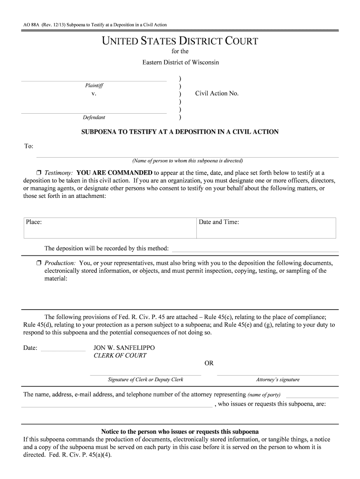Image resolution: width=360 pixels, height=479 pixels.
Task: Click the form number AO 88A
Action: (x=31, y=24)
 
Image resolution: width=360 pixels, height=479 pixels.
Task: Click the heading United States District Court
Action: (x=180, y=41)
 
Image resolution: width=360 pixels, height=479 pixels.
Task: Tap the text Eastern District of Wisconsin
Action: (x=180, y=62)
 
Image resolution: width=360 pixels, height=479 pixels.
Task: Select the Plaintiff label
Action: (x=94, y=86)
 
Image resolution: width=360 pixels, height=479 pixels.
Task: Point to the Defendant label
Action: (x=94, y=117)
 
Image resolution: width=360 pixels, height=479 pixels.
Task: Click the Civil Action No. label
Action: (x=217, y=94)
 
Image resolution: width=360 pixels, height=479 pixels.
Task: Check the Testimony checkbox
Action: (x=39, y=173)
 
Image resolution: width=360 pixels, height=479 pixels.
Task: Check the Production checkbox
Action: (x=39, y=263)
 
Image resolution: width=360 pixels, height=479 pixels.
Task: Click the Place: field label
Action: (x=34, y=222)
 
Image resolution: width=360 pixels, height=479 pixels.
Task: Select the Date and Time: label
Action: (x=219, y=222)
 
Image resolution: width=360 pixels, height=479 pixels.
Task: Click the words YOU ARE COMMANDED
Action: (x=114, y=173)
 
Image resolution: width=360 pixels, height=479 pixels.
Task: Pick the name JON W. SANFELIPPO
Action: (x=124, y=348)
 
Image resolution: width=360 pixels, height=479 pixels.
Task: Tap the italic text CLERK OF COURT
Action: (x=120, y=356)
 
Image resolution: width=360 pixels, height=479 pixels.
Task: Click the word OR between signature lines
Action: (x=209, y=363)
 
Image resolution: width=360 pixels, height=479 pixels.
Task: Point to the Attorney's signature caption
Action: (x=278, y=380)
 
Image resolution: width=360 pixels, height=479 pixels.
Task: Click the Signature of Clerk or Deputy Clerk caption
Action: (x=145, y=380)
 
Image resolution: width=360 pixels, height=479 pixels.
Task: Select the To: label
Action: (x=29, y=146)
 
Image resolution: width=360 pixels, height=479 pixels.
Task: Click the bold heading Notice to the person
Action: (x=180, y=431)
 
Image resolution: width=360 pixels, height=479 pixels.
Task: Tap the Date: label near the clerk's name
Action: (x=30, y=348)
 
